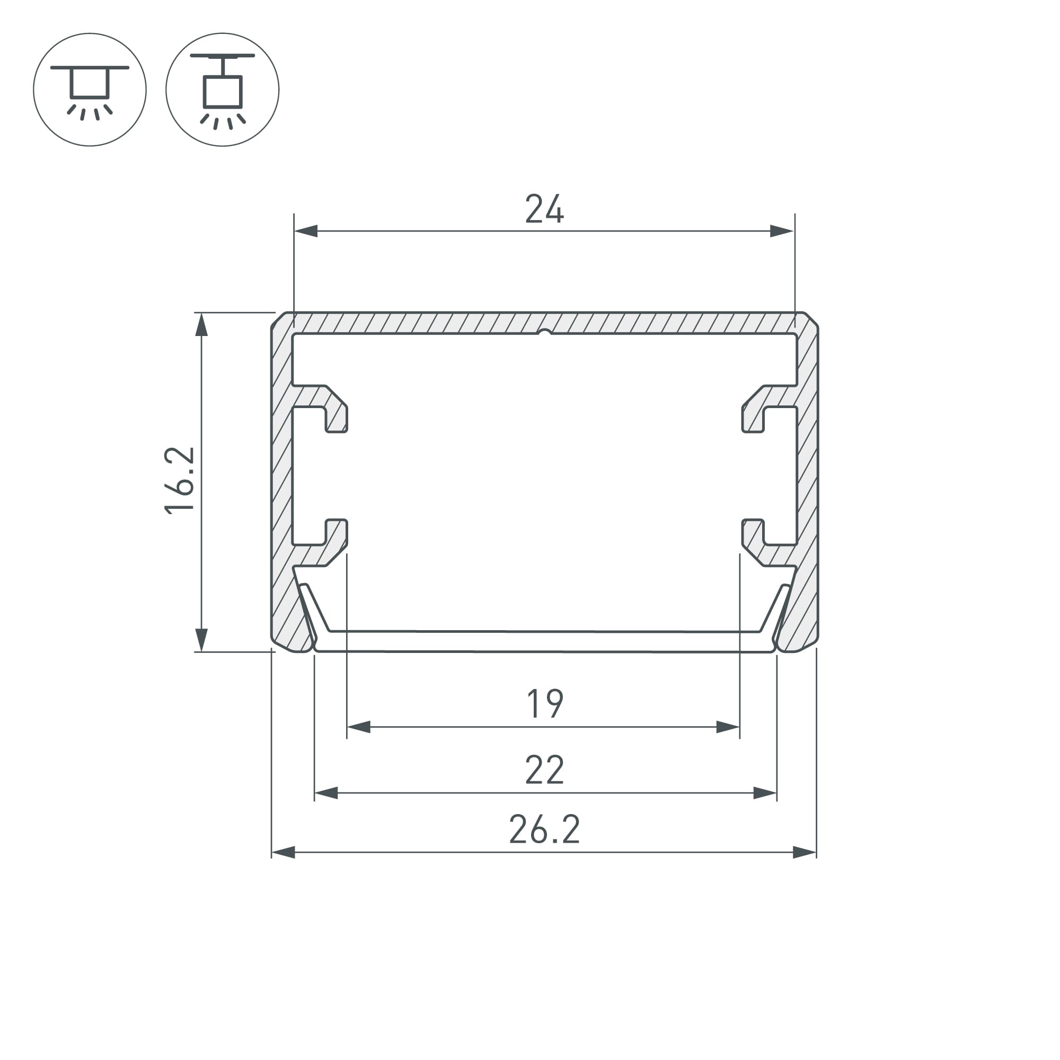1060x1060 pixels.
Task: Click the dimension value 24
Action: tap(544, 209)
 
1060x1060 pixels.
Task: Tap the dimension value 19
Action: tap(544, 703)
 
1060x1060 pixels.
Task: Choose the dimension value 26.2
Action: tap(544, 829)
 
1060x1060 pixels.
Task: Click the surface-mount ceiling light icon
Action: tap(90, 90)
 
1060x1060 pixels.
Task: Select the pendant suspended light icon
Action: tap(222, 90)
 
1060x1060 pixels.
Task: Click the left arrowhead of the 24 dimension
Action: tap(306, 231)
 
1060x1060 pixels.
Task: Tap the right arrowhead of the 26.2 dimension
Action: tap(805, 853)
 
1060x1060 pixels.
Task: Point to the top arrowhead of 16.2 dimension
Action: tap(201, 324)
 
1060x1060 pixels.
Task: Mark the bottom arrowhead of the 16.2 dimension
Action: tap(201, 640)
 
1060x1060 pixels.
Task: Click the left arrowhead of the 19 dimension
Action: tap(359, 728)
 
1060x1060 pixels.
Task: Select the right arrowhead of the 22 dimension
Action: tap(765, 793)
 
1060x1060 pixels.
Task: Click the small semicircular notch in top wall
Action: tap(544, 332)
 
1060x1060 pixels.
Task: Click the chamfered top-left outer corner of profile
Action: tap(278, 319)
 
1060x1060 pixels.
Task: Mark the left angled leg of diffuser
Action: tap(315, 607)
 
